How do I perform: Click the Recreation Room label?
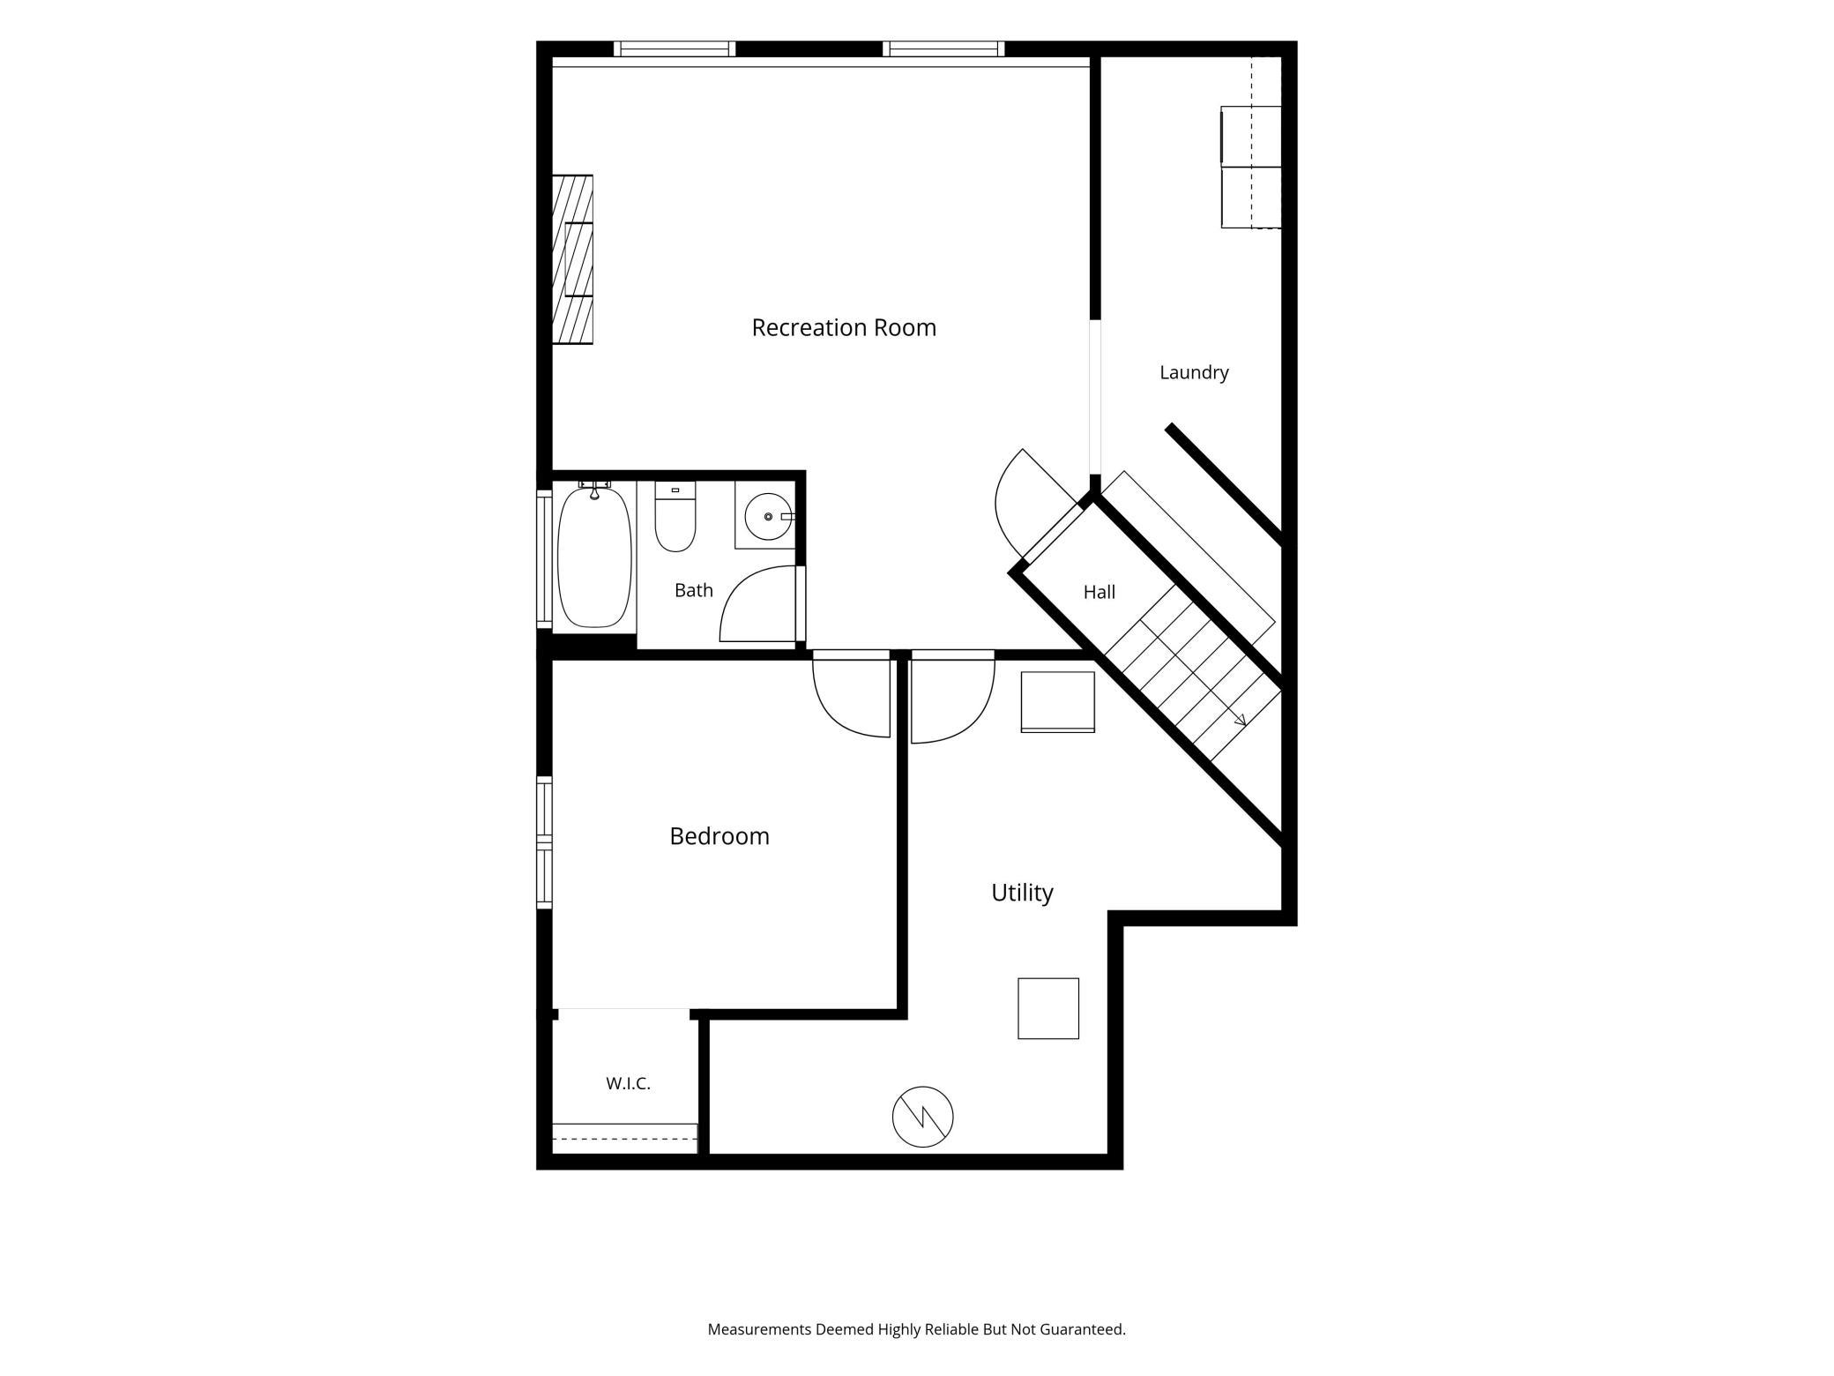(x=844, y=327)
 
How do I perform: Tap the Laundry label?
(x=1194, y=372)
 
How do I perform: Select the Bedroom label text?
(x=719, y=835)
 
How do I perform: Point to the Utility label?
(x=1022, y=893)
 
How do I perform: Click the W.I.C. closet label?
(x=628, y=1083)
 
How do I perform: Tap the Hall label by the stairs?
(x=1100, y=592)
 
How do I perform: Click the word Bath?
(x=694, y=590)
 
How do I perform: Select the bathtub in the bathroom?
(x=595, y=555)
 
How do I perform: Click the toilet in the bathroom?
(x=675, y=517)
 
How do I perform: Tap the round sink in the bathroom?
(x=769, y=516)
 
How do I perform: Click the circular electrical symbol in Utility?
(x=922, y=1117)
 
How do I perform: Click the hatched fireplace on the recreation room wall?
(x=572, y=259)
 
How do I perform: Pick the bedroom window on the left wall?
(x=544, y=842)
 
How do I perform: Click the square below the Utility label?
(x=1048, y=1008)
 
